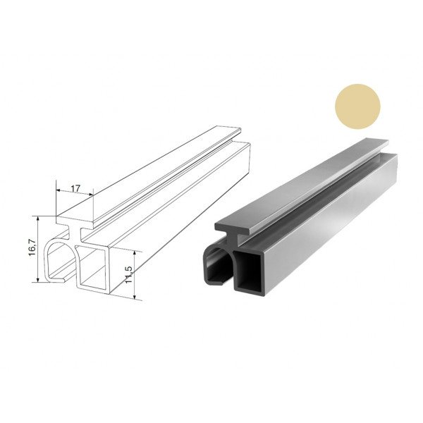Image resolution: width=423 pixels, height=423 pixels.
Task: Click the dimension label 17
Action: tap(75, 188)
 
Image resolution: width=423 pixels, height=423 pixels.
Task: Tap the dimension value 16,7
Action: tap(32, 247)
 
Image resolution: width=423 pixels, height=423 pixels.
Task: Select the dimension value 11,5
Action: tap(129, 275)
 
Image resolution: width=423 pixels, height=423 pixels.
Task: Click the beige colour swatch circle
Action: tap(357, 106)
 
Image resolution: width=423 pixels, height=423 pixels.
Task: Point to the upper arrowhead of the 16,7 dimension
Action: tap(38, 219)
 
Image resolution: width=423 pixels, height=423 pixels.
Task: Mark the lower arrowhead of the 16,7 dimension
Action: tap(38, 279)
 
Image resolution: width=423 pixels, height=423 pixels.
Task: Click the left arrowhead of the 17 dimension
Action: tap(59, 190)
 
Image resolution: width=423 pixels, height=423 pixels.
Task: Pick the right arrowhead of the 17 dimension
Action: tap(90, 194)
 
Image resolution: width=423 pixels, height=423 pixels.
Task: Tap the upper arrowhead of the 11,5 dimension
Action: tap(135, 253)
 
